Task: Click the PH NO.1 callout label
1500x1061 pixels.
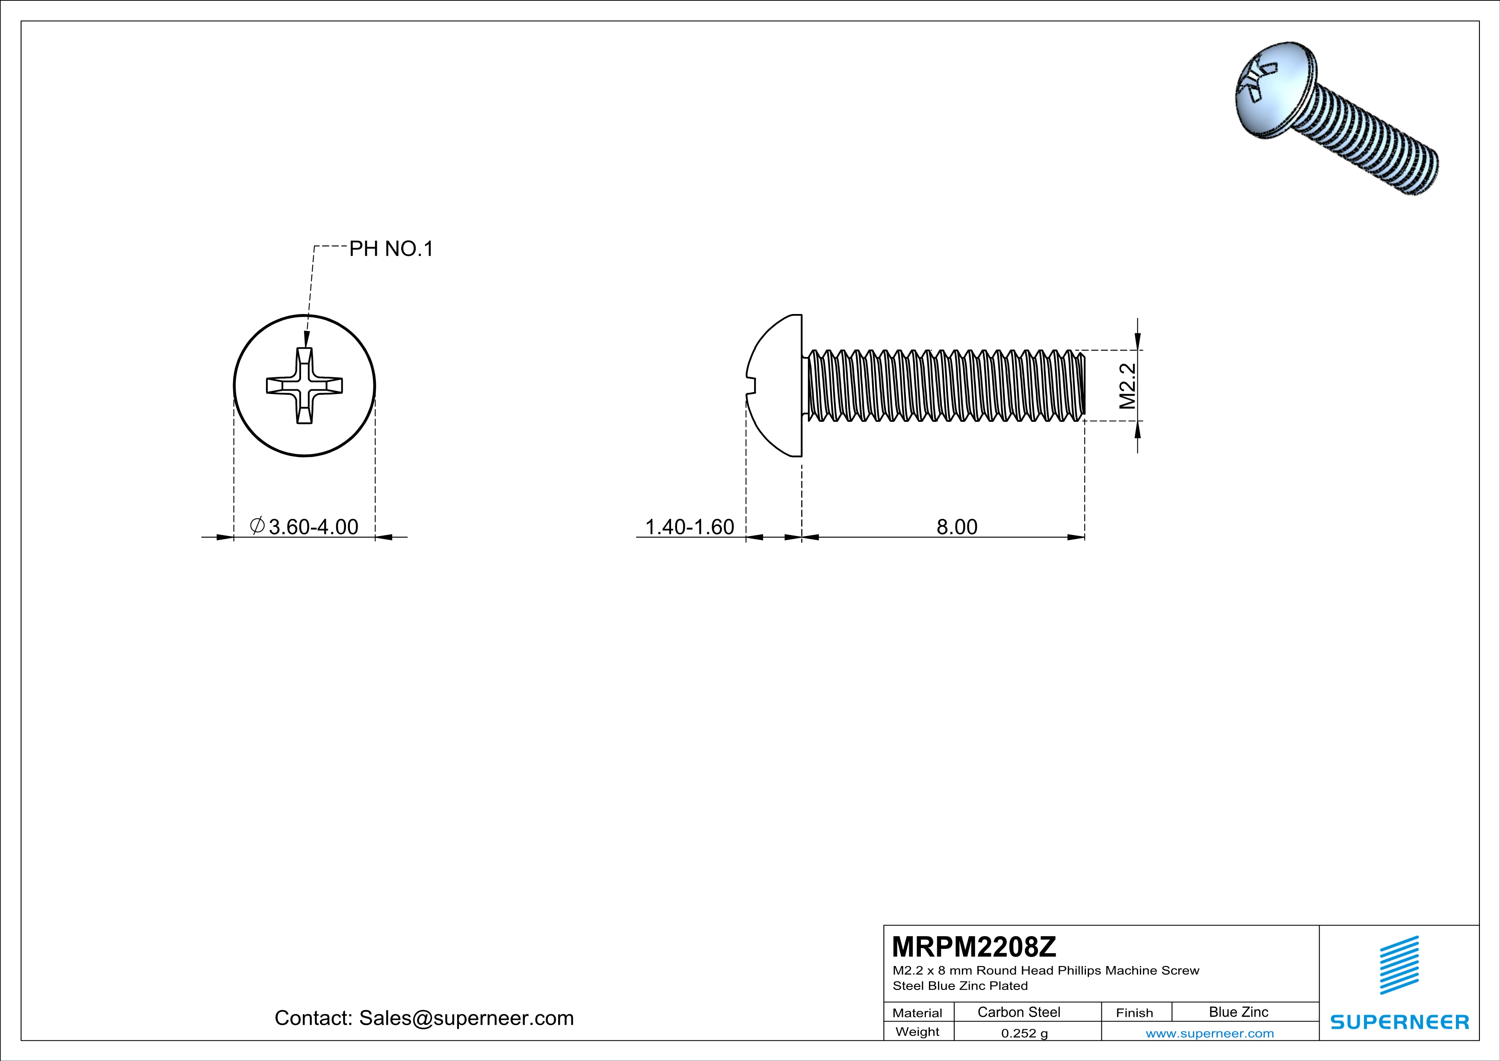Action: tap(391, 249)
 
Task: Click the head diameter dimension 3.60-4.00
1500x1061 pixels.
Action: tap(313, 527)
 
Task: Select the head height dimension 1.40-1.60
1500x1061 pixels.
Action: tap(689, 527)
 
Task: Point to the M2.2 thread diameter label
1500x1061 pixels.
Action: tap(1127, 385)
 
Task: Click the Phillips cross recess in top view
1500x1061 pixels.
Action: tap(305, 385)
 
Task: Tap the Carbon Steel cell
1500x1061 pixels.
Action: tap(1018, 1012)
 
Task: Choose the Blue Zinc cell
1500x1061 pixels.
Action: tap(1238, 1012)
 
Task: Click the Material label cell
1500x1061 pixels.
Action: tap(917, 1013)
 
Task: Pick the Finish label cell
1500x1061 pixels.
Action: tap(1134, 1013)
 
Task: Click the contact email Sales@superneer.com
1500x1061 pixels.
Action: tap(466, 1018)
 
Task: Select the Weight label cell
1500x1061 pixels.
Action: tap(917, 1031)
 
